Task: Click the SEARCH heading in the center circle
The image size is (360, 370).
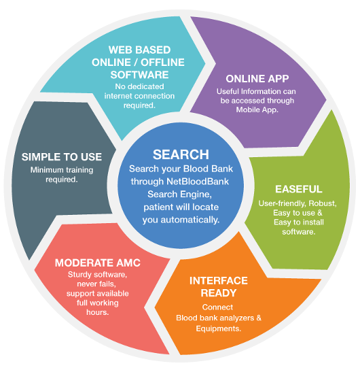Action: click(x=181, y=154)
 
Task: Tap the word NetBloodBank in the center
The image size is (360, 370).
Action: click(x=198, y=182)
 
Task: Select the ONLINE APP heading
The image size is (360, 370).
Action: click(x=257, y=79)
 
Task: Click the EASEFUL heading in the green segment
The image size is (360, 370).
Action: click(x=298, y=189)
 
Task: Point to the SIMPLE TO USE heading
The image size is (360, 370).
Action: click(x=62, y=157)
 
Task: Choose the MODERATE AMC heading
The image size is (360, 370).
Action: click(x=98, y=263)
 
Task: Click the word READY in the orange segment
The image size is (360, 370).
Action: click(x=219, y=293)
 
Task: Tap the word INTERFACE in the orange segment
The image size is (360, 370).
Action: click(x=219, y=281)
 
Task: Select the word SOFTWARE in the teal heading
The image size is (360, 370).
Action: click(x=139, y=75)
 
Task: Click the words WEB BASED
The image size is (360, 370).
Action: click(x=139, y=50)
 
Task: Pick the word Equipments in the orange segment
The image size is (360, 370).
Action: click(x=219, y=329)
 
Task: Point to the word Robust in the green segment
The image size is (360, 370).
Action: click(x=323, y=203)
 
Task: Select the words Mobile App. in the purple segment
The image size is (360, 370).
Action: click(x=257, y=110)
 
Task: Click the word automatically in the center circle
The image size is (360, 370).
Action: click(x=190, y=220)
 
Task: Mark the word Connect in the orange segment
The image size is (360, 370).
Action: click(x=217, y=307)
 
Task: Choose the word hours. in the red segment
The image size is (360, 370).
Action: click(x=98, y=312)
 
